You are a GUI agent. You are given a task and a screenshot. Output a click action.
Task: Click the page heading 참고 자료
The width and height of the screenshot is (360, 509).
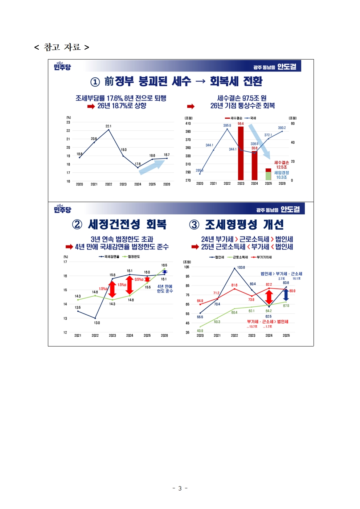point(62,47)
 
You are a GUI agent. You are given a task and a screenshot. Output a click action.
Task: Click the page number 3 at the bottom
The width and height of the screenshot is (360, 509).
point(180,488)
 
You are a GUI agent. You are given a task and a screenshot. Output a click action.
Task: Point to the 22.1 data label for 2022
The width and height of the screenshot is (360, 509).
point(109,126)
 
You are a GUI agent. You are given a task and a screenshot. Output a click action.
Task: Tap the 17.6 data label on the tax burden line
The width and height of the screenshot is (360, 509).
point(138,164)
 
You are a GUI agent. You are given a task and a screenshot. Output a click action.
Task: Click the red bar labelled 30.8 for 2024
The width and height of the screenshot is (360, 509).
point(254,165)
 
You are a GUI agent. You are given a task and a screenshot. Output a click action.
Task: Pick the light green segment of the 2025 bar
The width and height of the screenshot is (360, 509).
point(268,176)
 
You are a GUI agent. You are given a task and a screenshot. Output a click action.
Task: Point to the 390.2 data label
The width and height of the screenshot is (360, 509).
point(282,128)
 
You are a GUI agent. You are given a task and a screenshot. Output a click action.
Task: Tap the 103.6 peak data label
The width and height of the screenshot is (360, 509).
point(241,267)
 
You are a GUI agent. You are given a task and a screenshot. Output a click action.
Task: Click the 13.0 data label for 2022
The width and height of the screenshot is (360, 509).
point(97,323)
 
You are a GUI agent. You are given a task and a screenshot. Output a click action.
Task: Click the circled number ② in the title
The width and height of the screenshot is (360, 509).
point(77,225)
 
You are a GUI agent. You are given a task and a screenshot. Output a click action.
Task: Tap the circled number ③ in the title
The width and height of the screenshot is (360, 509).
point(194,225)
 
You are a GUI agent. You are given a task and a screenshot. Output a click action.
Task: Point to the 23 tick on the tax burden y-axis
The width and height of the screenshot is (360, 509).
point(68,122)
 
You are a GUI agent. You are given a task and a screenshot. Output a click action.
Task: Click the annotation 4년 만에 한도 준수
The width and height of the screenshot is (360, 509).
point(165,289)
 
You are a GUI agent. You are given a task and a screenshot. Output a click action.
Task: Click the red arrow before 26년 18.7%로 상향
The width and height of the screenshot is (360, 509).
point(91,106)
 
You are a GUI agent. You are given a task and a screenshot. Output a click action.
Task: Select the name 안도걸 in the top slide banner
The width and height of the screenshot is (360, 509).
point(287,67)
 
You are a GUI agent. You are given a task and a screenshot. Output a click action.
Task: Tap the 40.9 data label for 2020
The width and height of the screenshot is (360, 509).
point(200,331)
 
